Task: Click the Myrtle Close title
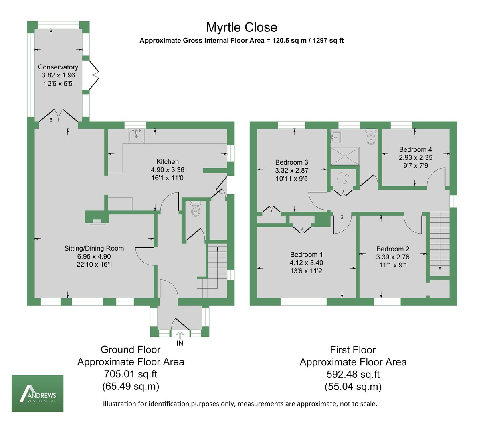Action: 241,27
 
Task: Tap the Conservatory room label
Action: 58,67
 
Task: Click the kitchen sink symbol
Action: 137,136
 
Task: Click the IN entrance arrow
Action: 180,335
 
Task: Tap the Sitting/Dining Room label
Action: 94,248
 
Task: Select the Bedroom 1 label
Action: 307,254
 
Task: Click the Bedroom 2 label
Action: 393,249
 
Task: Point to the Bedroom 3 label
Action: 292,162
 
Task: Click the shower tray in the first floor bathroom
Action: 345,157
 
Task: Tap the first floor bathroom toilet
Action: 371,137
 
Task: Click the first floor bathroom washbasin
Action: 336,137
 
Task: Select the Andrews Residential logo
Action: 37,393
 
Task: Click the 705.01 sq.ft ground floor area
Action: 130,374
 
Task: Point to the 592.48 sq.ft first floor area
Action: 353,375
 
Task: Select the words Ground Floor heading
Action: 130,349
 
